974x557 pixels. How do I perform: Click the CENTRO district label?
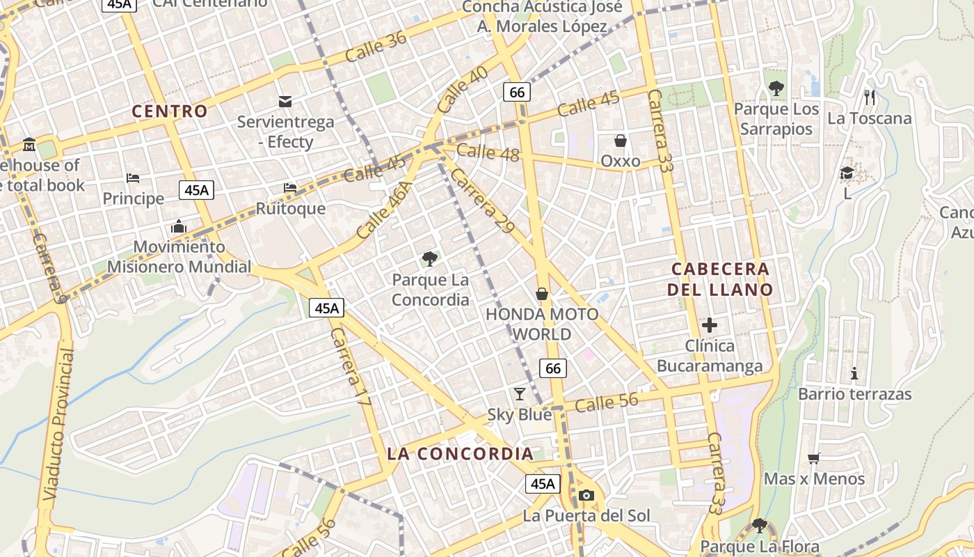(x=170, y=111)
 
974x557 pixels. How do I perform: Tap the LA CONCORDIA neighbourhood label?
(x=460, y=454)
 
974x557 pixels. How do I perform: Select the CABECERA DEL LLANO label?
(x=720, y=278)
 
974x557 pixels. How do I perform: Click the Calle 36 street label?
(x=376, y=47)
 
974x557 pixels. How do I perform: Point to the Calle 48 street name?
(x=488, y=152)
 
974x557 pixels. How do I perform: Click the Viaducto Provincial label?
(x=58, y=425)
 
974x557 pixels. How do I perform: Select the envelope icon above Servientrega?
(x=285, y=102)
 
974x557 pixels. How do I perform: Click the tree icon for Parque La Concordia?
(x=430, y=259)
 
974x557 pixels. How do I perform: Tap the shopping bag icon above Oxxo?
(x=620, y=141)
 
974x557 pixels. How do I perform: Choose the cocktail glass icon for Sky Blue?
(x=519, y=394)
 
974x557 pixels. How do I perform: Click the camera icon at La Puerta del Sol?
(x=586, y=495)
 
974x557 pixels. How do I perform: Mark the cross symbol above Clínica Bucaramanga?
(x=710, y=324)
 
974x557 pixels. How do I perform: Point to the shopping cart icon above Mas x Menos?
(x=813, y=457)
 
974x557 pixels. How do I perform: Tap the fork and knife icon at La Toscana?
(x=869, y=97)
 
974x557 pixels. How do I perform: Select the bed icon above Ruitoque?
(x=290, y=188)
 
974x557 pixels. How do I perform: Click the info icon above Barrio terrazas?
(x=854, y=373)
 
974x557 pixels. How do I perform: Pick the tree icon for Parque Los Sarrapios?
(x=776, y=88)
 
